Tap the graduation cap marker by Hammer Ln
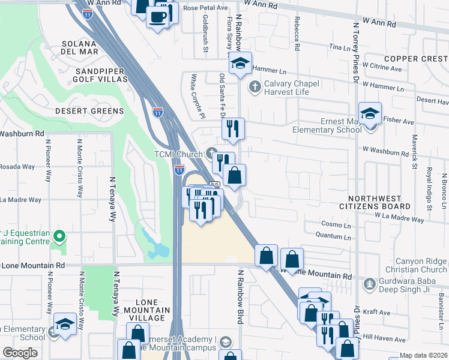[240, 63]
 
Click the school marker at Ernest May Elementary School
[370, 113]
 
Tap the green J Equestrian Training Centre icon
[58, 236]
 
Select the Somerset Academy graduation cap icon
[224, 343]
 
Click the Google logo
[20, 353]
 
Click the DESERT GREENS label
[89, 111]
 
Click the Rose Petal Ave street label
[205, 8]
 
